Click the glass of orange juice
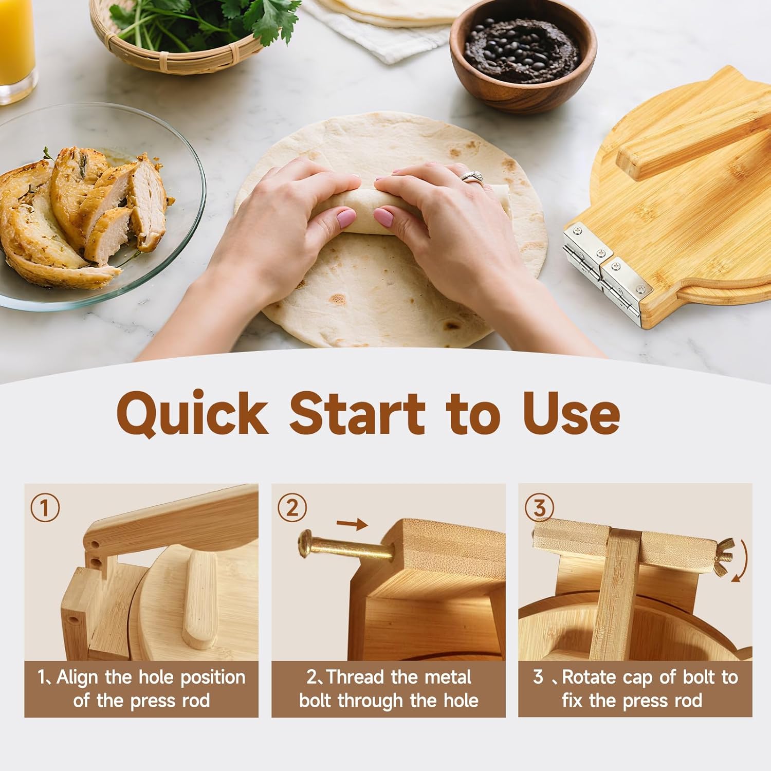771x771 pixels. point(15,46)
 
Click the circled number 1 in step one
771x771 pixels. point(45,508)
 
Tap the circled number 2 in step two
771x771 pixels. point(292,508)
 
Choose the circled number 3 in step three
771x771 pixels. point(539,508)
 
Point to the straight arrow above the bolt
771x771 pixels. point(352,524)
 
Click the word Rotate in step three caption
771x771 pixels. point(589,677)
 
